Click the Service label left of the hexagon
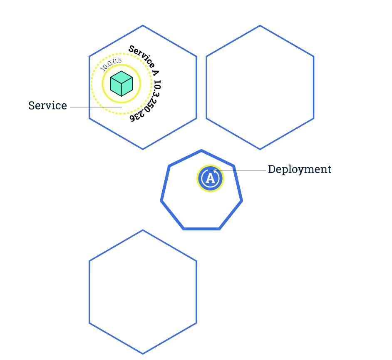click(x=47, y=106)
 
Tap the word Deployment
click(x=300, y=170)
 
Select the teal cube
click(x=121, y=84)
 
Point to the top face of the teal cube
click(x=121, y=77)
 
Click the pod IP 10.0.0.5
click(x=111, y=64)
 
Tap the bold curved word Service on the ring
click(x=141, y=56)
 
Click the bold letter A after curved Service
click(x=155, y=72)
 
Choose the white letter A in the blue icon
click(x=210, y=178)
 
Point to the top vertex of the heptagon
click(x=201, y=150)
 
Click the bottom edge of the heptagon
click(x=201, y=229)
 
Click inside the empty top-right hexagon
click(x=260, y=87)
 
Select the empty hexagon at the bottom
click(x=143, y=292)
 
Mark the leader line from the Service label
click(x=96, y=107)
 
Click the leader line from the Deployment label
click(x=238, y=171)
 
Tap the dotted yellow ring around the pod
click(x=91, y=84)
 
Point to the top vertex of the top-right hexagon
click(x=260, y=25)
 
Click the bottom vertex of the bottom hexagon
click(x=143, y=354)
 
